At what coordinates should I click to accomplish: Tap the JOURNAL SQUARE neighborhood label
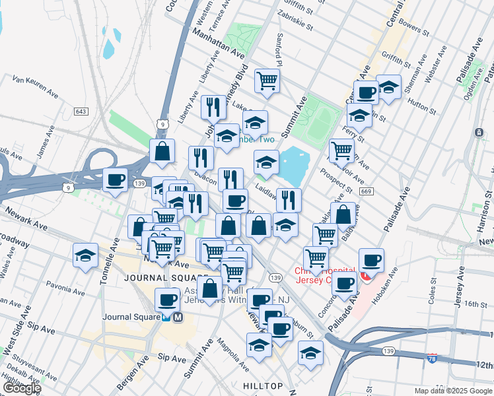point(159,278)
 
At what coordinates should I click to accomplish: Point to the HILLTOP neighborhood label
point(262,385)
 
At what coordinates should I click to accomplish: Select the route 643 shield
point(82,112)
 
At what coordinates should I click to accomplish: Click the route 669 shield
point(367,191)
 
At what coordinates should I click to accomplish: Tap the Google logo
point(22,388)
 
